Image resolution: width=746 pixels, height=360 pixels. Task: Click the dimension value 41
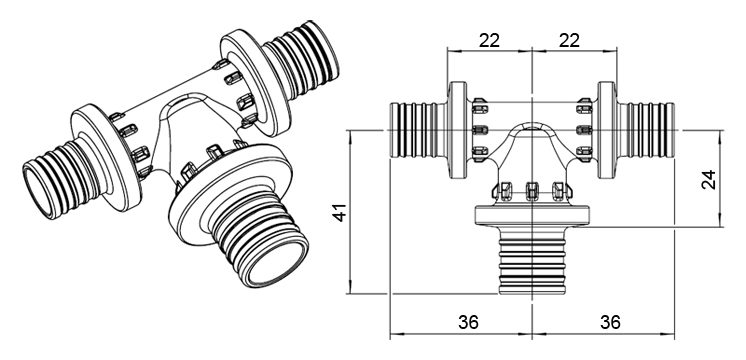click(x=340, y=212)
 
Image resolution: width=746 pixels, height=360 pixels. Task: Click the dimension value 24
click(x=709, y=179)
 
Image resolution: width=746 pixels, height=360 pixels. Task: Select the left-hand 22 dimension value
click(x=489, y=41)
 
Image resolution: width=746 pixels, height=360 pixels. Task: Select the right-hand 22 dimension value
click(x=569, y=41)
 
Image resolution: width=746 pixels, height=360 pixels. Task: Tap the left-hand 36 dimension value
click(x=468, y=322)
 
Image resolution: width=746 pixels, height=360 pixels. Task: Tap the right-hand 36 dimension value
click(x=610, y=322)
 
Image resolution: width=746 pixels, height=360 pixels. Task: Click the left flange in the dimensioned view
click(x=458, y=130)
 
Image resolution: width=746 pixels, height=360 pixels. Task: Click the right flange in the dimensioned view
click(x=607, y=130)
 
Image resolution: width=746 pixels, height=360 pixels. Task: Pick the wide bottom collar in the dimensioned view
click(x=532, y=215)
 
